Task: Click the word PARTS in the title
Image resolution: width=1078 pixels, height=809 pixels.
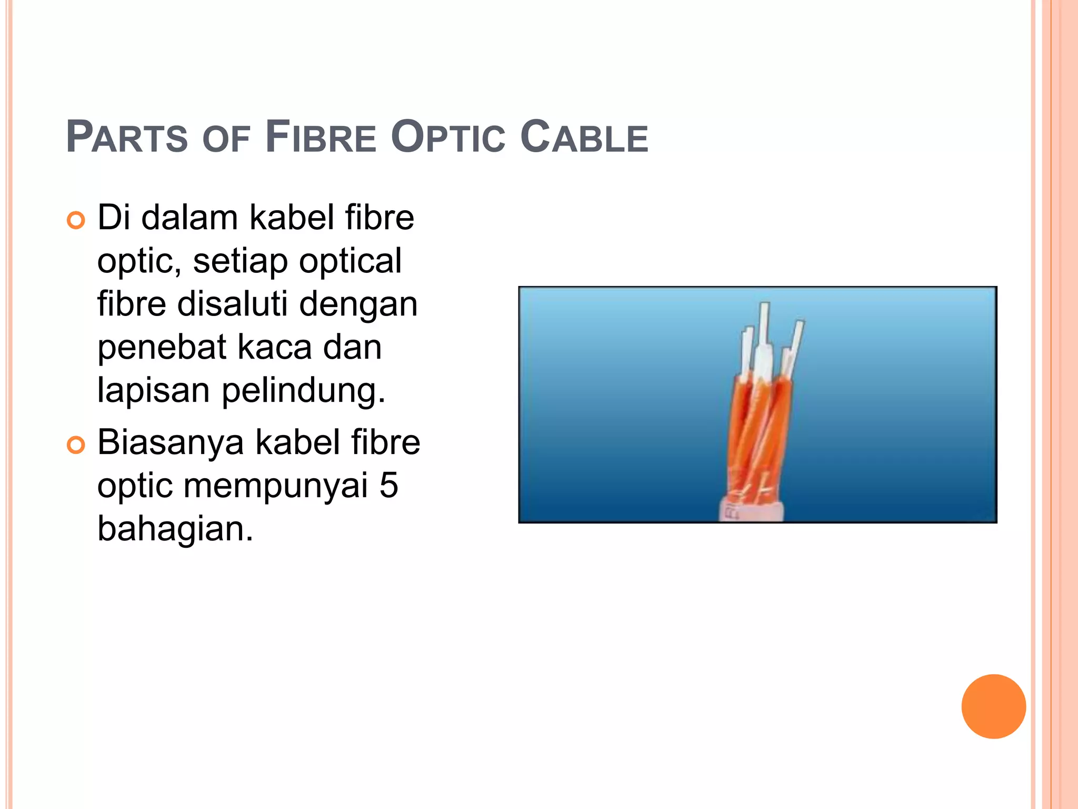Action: [127, 137]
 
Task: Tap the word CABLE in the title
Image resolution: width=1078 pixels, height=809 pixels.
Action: [584, 137]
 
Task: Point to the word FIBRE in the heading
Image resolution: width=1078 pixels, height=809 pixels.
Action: [321, 137]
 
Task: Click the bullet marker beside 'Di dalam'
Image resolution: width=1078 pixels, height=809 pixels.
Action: [76, 220]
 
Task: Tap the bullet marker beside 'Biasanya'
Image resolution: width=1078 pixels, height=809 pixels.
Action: [76, 445]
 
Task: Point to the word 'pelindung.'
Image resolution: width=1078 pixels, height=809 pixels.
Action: [304, 391]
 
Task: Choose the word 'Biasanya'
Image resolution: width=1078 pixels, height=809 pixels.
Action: [171, 442]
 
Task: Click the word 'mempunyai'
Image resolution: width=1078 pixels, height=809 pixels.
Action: [275, 486]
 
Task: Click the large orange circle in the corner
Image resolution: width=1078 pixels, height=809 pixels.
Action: [993, 706]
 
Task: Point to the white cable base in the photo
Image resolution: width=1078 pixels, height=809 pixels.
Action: [751, 510]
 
